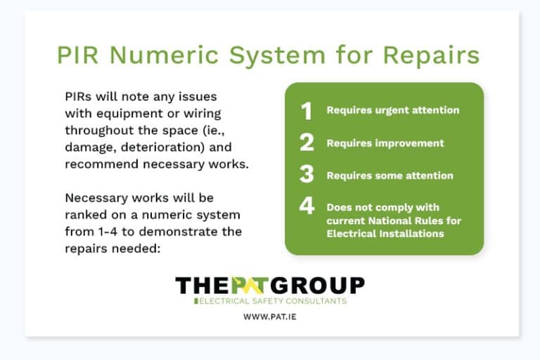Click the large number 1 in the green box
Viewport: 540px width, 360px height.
306,110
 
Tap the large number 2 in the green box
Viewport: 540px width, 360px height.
306,143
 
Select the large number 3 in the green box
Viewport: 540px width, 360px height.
306,175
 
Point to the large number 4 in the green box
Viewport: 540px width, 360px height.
306,207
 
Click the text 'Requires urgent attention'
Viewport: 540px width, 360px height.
392,110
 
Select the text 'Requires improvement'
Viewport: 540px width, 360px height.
385,143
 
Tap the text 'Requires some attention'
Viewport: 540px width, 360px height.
390,175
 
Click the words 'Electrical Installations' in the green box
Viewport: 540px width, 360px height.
385,233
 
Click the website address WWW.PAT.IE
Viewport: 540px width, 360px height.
269,316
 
